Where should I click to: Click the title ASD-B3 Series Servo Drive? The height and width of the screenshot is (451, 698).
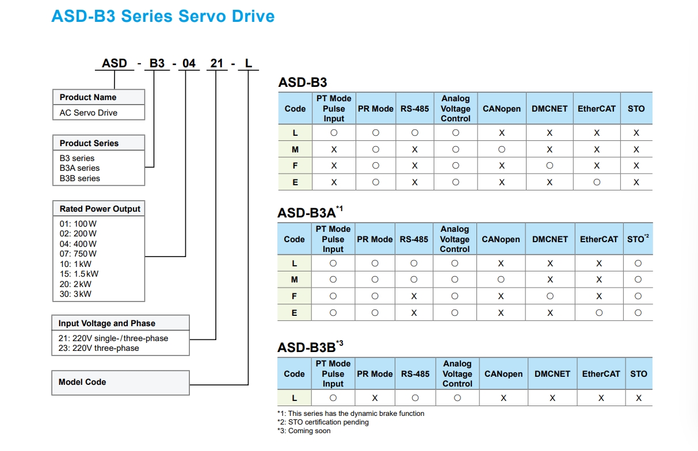tap(163, 16)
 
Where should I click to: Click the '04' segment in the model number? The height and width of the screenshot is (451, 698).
tap(189, 63)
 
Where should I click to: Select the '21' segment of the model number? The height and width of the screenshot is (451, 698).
tap(216, 63)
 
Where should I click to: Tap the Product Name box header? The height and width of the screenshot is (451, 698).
tap(88, 97)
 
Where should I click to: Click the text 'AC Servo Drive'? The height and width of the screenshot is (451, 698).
tap(89, 113)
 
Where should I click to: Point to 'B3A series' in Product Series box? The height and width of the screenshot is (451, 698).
tap(79, 168)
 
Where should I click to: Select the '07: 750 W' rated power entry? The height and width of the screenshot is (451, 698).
tap(78, 254)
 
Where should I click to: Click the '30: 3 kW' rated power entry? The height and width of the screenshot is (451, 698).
tap(75, 294)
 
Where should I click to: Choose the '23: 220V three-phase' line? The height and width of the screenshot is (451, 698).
tap(98, 348)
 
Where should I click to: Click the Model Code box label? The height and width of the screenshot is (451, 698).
tap(82, 382)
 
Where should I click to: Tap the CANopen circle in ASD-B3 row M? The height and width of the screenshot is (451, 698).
tap(502, 150)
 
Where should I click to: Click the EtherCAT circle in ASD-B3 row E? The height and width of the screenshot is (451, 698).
tap(597, 182)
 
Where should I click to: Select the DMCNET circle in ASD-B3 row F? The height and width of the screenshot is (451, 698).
tap(550, 166)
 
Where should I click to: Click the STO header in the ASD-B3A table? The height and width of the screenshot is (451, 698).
tap(638, 239)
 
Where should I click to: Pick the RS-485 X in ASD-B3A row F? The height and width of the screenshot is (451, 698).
tap(414, 296)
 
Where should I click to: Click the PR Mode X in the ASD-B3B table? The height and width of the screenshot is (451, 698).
tap(375, 398)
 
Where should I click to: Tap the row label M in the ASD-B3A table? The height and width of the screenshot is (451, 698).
tap(295, 280)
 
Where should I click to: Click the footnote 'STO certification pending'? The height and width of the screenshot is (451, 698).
tap(328, 422)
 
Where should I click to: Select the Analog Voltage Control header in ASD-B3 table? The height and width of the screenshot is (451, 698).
tap(456, 108)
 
